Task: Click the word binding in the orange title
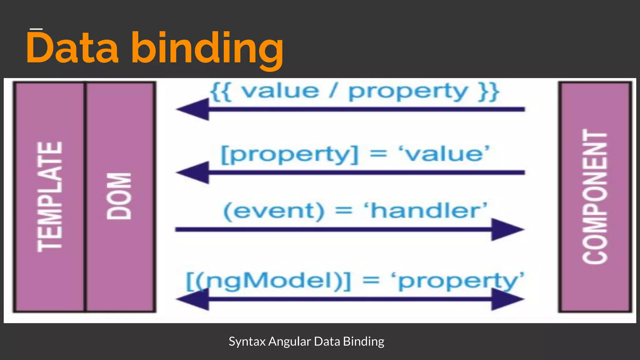(x=207, y=49)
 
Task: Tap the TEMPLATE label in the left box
(x=50, y=197)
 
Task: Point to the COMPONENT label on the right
(x=595, y=197)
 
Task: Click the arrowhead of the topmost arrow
(x=194, y=109)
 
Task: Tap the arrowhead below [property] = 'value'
(x=194, y=172)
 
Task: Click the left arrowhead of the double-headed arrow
(x=194, y=299)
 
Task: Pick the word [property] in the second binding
(x=289, y=155)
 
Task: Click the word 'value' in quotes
(x=444, y=154)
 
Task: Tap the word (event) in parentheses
(x=274, y=211)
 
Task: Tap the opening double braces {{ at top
(x=221, y=92)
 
